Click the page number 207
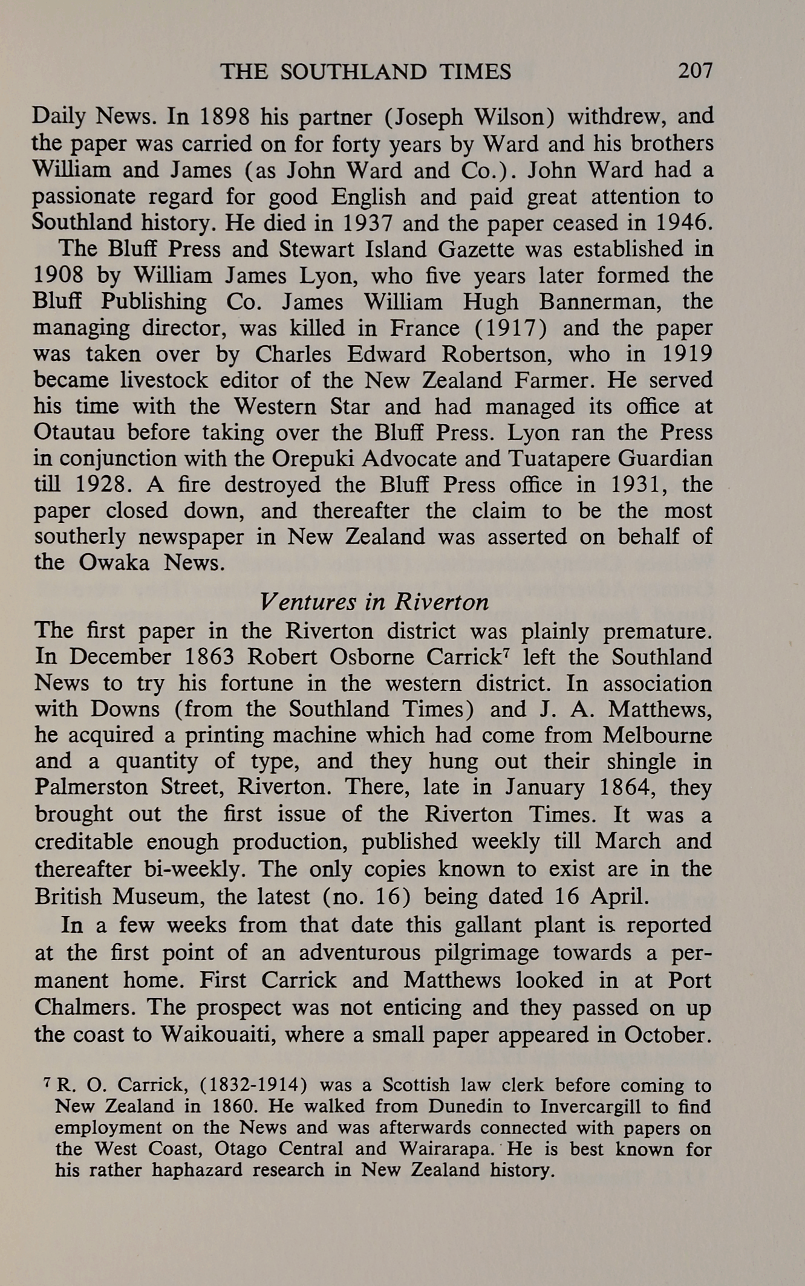click(x=695, y=71)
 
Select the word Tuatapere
click(x=559, y=459)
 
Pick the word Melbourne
click(x=657, y=735)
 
